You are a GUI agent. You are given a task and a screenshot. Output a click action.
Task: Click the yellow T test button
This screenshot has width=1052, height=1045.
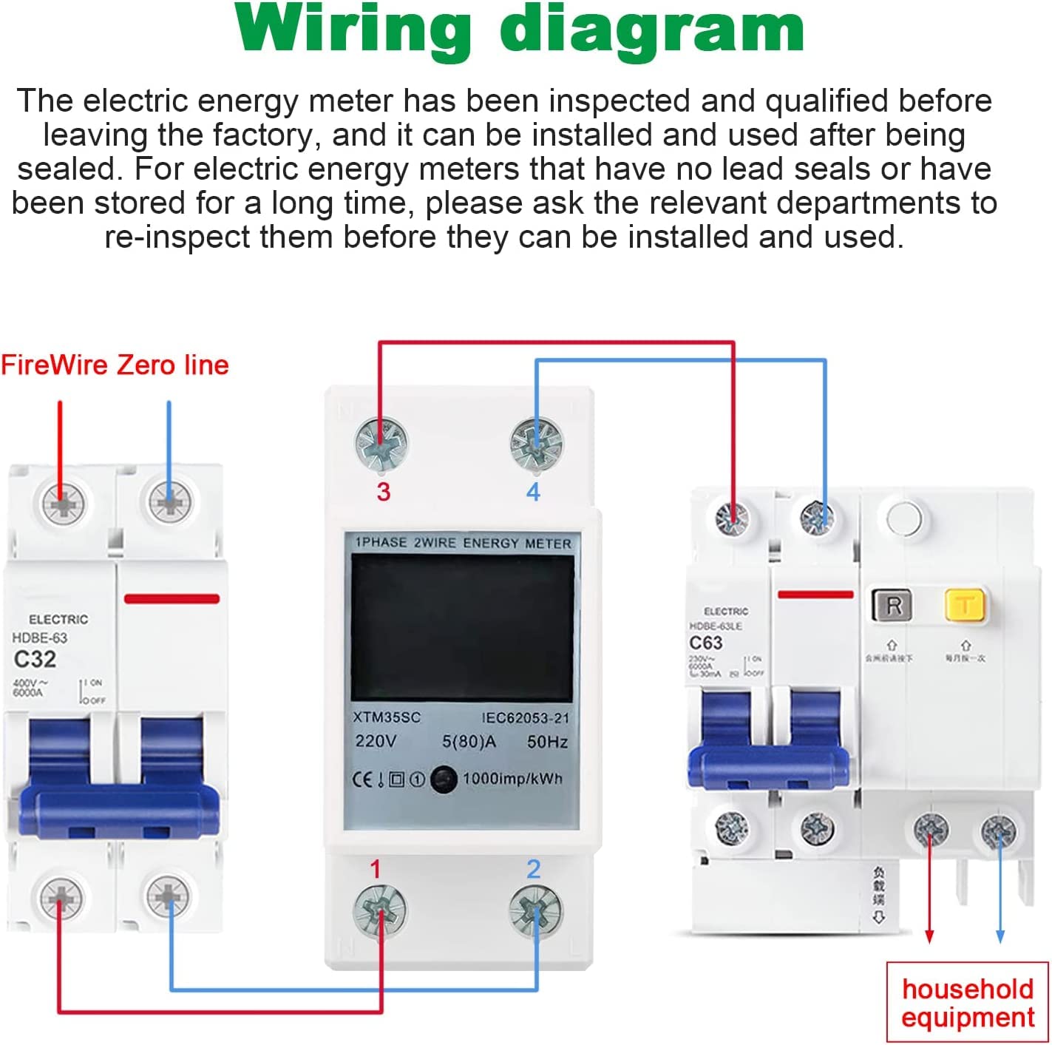(x=964, y=605)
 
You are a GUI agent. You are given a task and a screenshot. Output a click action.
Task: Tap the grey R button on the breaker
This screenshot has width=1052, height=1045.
(x=892, y=606)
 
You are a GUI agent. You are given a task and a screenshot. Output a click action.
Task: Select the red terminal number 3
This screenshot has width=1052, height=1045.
(x=383, y=492)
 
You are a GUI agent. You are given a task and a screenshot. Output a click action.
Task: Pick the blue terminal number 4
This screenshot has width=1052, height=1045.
(x=533, y=492)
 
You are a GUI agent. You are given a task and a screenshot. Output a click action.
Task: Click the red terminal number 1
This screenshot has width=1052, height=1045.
(x=376, y=870)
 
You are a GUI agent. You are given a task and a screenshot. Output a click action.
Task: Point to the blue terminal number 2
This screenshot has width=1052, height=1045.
(x=533, y=870)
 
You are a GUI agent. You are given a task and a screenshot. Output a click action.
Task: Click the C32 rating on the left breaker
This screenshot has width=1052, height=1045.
(x=35, y=659)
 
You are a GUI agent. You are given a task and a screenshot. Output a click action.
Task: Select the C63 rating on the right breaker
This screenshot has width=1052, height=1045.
(x=705, y=643)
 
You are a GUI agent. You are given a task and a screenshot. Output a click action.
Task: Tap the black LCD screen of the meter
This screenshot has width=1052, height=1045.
(x=462, y=628)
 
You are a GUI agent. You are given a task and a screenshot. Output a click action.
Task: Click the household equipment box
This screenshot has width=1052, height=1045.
(x=967, y=1003)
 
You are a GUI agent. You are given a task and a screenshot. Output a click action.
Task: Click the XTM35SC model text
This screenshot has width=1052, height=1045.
(x=386, y=717)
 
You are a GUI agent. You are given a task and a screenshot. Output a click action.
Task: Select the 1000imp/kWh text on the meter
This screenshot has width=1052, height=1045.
(x=512, y=779)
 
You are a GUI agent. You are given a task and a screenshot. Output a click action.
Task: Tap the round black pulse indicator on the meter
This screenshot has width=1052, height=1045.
(x=443, y=779)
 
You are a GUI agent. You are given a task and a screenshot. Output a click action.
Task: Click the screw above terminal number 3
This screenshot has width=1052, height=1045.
(x=381, y=444)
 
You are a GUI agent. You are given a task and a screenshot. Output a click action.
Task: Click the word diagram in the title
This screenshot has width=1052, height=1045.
(x=652, y=30)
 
